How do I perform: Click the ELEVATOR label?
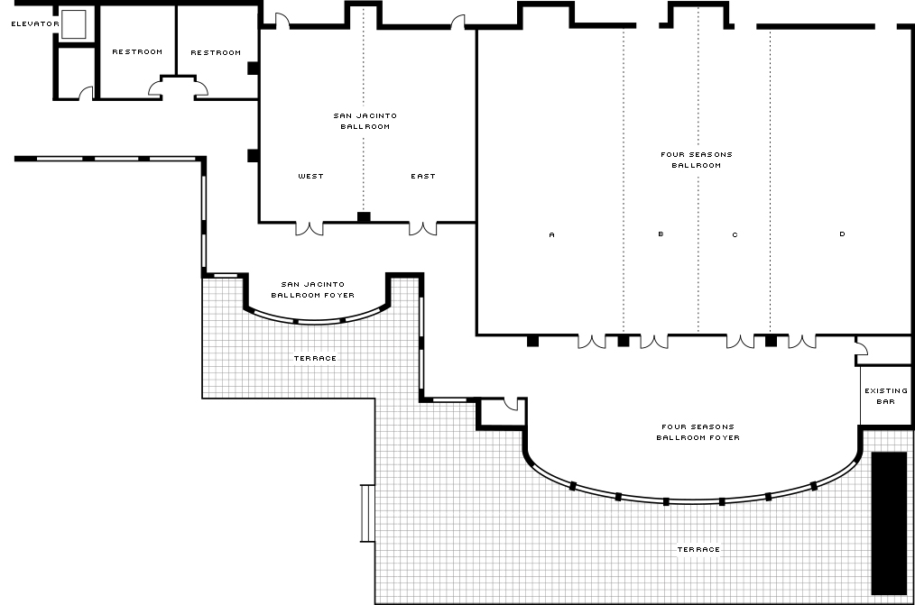tap(35, 24)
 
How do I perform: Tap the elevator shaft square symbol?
tap(73, 24)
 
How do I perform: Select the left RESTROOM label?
tap(137, 52)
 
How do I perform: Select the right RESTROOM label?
tap(216, 52)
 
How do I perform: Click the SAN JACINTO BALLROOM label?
tap(365, 121)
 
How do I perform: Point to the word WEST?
tap(310, 176)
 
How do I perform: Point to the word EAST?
tap(423, 176)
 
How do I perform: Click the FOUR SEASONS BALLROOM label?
tap(696, 160)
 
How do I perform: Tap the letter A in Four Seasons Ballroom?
tap(552, 235)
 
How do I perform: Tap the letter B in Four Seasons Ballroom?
tap(661, 234)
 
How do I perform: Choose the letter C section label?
tap(735, 235)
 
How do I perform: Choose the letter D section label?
tap(842, 234)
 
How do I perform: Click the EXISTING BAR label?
tap(886, 397)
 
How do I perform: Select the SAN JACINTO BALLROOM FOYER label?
tap(313, 289)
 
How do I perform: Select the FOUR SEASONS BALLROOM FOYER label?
tap(698, 432)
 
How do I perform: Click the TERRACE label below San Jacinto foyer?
tap(315, 359)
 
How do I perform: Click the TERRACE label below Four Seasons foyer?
tap(698, 550)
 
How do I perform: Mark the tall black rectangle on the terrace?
tap(890, 523)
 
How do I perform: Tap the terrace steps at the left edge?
tap(367, 514)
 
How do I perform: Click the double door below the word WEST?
tap(310, 228)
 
